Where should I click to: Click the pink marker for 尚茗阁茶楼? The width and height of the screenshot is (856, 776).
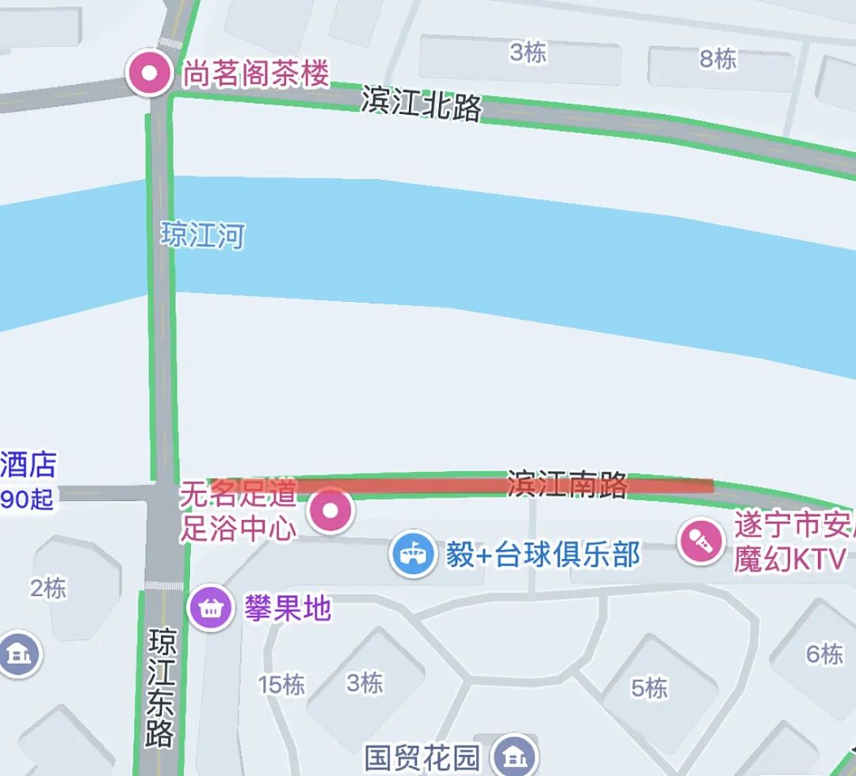(150, 74)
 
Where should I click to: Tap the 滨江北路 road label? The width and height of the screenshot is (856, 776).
(421, 103)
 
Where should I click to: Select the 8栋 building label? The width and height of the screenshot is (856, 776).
(717, 59)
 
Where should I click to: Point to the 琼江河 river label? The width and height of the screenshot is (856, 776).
(203, 235)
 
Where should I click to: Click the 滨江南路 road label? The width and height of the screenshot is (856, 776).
(567, 484)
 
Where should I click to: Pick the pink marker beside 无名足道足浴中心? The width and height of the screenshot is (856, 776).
(331, 511)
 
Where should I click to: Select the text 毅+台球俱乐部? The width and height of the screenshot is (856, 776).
(543, 555)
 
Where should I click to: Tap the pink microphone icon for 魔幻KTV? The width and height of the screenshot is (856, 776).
(701, 541)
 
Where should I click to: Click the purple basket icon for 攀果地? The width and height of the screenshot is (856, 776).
(210, 609)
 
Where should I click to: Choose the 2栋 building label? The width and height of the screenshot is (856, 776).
(48, 588)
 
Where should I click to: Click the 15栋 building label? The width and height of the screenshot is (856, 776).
(281, 684)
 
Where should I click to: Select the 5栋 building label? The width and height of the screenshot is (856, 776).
(650, 687)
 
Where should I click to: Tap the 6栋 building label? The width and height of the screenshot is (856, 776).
(824, 654)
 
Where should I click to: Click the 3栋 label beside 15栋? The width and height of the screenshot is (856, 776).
(365, 682)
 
